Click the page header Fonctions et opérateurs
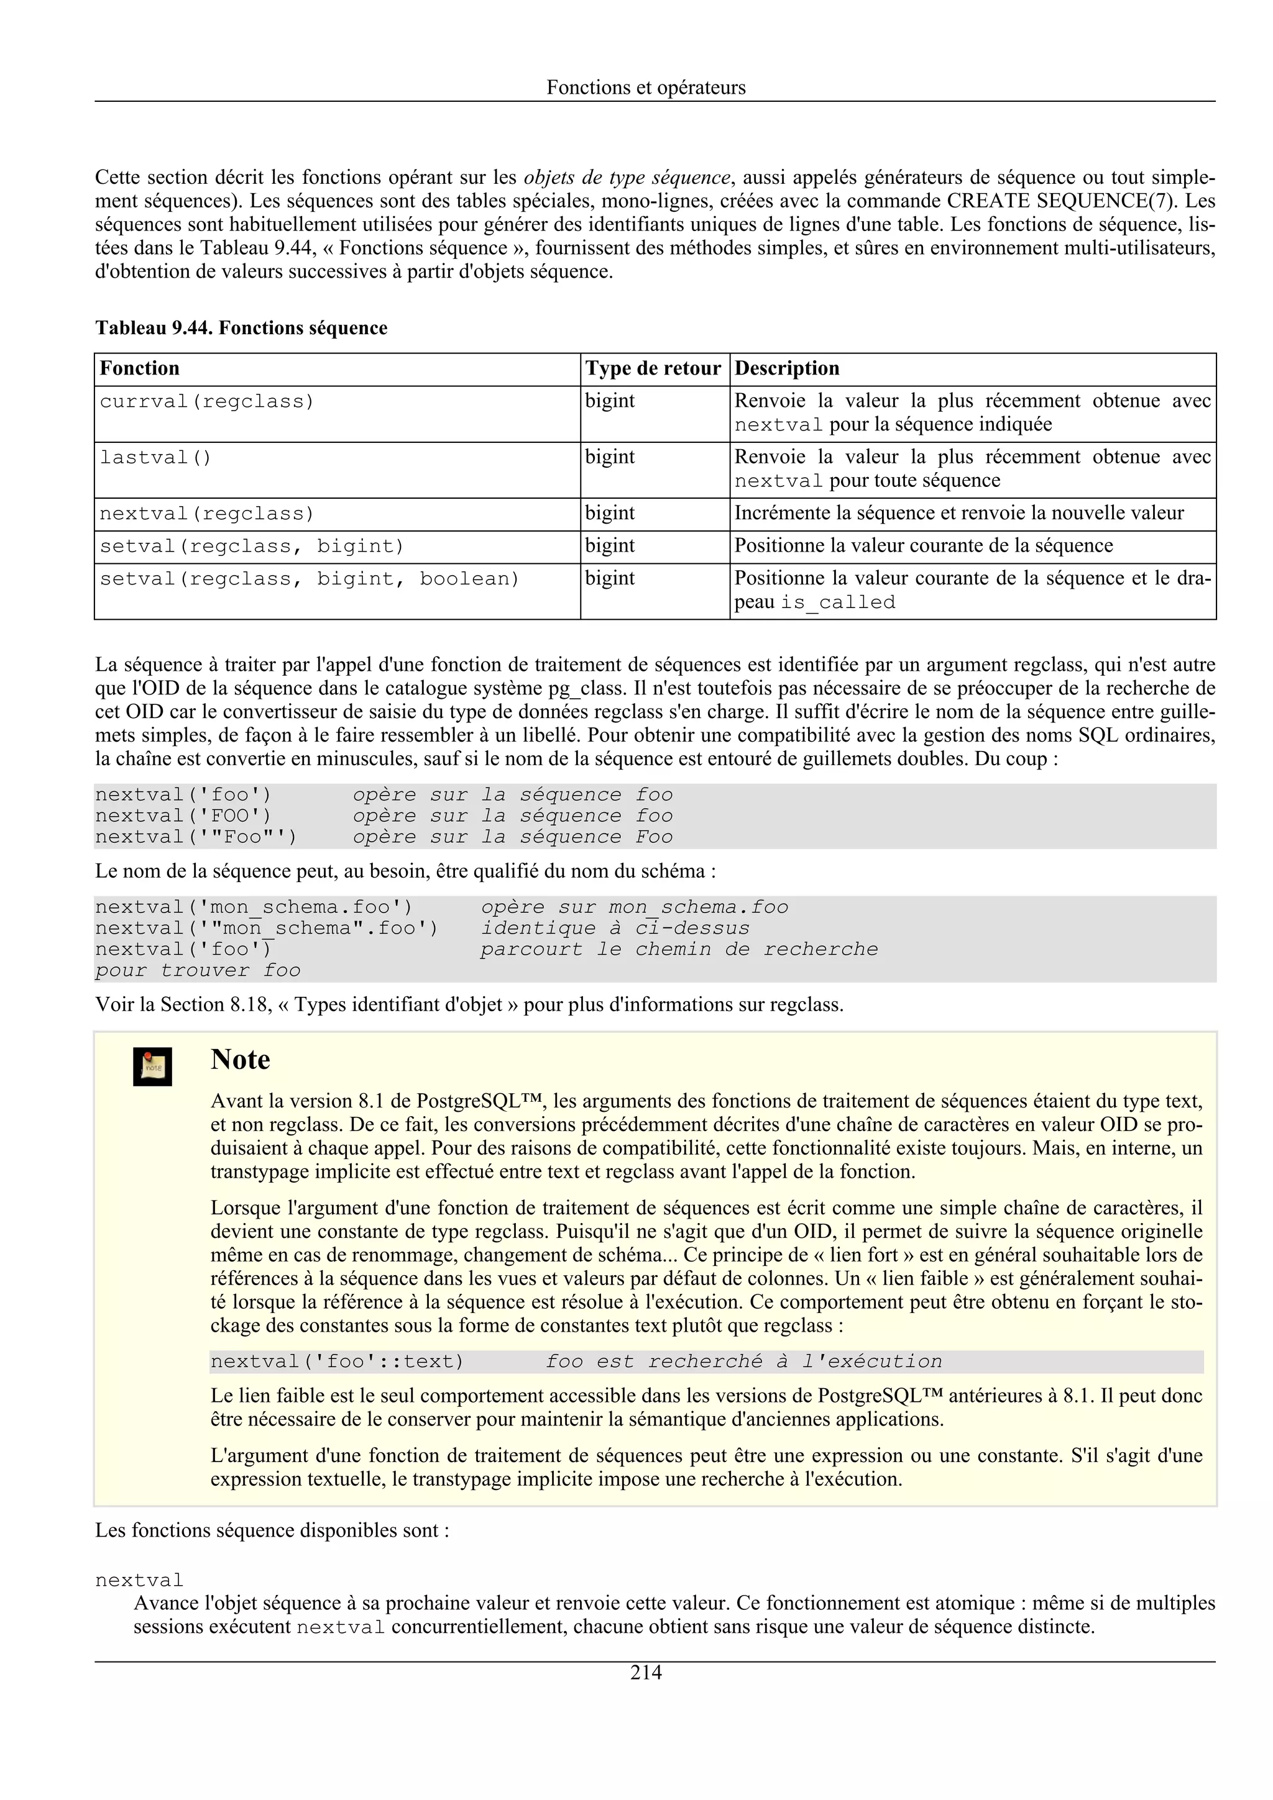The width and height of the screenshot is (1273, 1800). [x=646, y=87]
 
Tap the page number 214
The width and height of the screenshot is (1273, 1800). [x=646, y=1672]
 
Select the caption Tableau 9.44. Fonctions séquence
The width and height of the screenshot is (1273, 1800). [x=241, y=328]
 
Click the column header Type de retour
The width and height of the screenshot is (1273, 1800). [x=653, y=368]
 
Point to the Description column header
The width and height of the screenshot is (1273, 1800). [x=787, y=368]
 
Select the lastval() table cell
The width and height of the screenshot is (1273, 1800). [x=155, y=458]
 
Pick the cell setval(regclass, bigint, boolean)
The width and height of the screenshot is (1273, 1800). [x=309, y=580]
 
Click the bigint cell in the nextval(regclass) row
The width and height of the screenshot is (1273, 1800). [x=609, y=514]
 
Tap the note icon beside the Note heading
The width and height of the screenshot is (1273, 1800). [x=152, y=1066]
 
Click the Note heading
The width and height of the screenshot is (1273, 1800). [x=240, y=1060]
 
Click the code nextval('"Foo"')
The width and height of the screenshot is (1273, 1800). [x=196, y=837]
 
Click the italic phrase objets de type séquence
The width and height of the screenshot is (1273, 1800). [x=627, y=177]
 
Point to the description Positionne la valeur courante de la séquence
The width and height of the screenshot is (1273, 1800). [x=923, y=545]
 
